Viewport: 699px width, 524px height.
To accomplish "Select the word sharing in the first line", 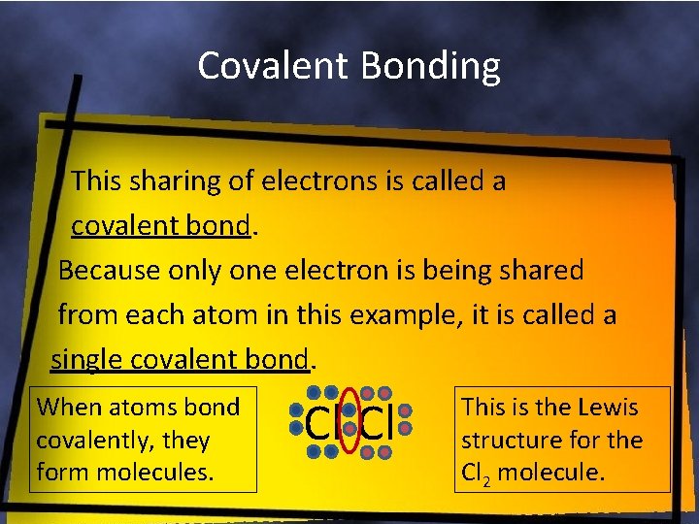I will click(172, 180).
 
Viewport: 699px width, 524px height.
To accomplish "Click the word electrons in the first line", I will click(310, 180).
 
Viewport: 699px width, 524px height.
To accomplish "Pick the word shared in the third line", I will click(541, 271).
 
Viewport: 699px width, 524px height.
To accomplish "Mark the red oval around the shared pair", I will click(349, 393).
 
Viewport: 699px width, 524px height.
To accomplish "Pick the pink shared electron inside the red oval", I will click(349, 429).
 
